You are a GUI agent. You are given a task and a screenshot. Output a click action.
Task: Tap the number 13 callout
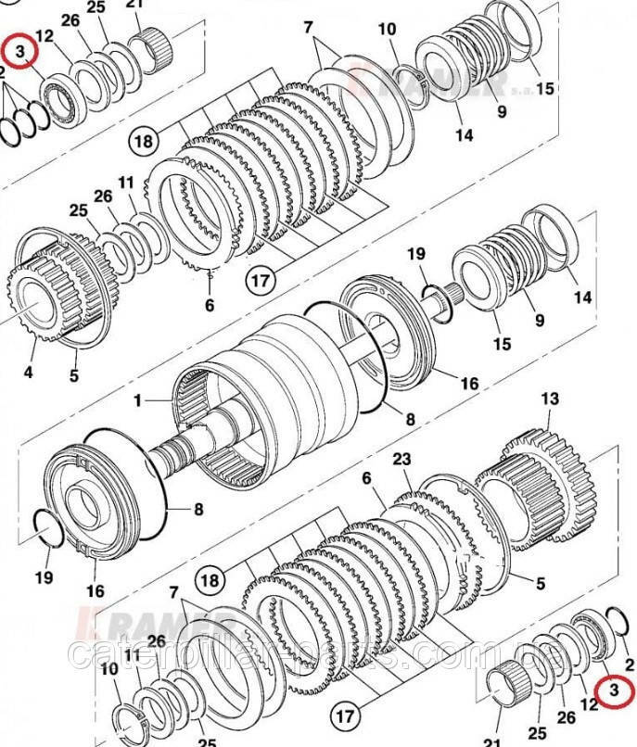point(550,399)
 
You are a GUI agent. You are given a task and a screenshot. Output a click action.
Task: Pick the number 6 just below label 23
point(366,477)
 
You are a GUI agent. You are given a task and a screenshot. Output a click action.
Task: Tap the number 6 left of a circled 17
point(210,304)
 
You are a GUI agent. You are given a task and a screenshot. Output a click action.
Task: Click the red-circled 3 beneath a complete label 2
point(613,689)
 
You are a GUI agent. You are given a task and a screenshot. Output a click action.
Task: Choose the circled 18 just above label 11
point(144,141)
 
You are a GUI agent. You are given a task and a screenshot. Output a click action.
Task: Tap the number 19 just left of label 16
point(44,577)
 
